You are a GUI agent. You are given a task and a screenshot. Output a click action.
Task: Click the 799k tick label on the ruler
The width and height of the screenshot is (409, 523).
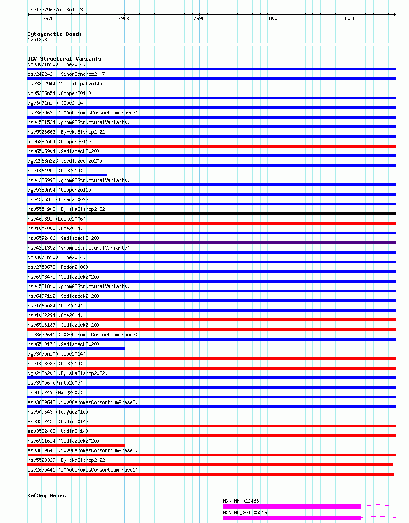(199, 18)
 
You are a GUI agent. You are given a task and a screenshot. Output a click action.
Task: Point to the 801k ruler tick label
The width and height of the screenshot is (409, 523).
(350, 18)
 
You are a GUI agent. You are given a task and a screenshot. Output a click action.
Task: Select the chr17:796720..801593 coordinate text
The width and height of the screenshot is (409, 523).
(55, 10)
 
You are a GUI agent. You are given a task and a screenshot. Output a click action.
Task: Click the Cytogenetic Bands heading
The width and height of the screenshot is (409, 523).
(54, 34)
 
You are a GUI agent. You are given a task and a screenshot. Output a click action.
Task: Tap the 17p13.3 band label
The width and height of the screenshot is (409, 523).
(37, 40)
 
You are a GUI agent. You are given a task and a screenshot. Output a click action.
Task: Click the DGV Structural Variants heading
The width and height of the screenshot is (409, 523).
(64, 59)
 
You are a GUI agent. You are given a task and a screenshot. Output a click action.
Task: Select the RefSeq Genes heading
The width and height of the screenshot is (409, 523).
(46, 495)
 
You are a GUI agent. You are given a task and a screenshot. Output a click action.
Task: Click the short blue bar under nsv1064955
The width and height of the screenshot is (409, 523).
(67, 175)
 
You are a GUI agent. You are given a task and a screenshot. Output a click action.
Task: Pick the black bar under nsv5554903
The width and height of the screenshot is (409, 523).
(211, 214)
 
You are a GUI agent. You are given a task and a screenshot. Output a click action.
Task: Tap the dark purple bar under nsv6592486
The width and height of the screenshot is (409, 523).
(211, 243)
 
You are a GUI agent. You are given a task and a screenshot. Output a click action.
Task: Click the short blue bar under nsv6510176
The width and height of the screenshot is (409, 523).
(76, 349)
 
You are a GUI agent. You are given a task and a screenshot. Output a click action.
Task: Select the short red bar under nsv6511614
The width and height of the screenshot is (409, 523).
(76, 445)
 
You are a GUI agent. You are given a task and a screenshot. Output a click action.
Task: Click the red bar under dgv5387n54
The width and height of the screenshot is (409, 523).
(211, 146)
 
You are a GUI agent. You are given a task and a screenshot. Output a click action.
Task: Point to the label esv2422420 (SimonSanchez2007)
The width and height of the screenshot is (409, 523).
(68, 74)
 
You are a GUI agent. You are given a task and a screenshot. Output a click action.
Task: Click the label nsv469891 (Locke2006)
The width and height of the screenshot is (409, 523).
(56, 219)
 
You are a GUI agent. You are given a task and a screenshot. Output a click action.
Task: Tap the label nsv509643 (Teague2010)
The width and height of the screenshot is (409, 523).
(57, 412)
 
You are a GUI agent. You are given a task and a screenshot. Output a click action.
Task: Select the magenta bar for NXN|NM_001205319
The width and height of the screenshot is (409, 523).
(292, 518)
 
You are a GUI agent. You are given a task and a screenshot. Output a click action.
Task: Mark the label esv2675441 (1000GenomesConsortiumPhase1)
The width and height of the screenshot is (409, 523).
(82, 470)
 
